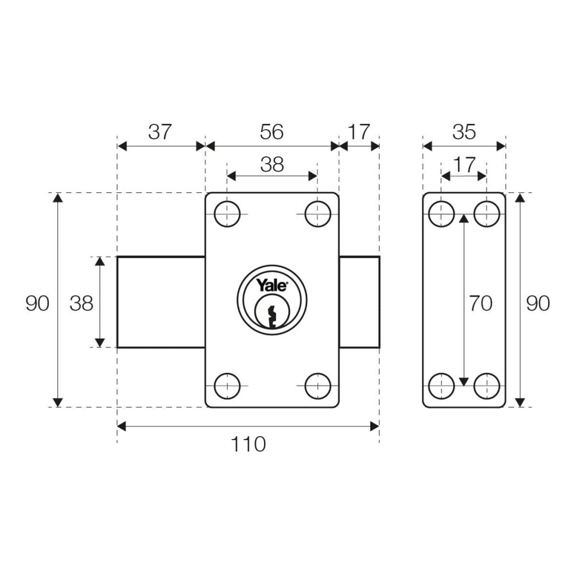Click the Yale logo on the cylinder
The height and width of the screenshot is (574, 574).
(272, 286)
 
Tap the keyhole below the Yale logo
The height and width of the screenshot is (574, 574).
(272, 315)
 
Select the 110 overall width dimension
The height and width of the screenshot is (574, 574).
(248, 444)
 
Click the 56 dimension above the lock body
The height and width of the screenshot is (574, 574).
(272, 132)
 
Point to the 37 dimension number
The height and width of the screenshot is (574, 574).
(160, 132)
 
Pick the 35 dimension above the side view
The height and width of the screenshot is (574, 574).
(464, 132)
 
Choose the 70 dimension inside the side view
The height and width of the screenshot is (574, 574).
(480, 303)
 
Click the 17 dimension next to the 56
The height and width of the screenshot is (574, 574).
(359, 132)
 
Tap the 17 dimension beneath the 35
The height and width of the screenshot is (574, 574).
(464, 165)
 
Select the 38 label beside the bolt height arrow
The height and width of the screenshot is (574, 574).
(82, 303)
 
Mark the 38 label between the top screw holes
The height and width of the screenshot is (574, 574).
(272, 165)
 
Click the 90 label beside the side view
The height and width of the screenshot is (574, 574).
(538, 303)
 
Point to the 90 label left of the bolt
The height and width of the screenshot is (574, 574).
(37, 303)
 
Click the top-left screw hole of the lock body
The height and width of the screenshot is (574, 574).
(227, 215)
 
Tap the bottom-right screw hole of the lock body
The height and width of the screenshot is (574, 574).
(317, 386)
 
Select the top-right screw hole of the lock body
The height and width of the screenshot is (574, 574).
(317, 215)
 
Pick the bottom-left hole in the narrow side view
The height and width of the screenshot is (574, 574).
(441, 386)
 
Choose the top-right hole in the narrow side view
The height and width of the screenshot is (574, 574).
(487, 215)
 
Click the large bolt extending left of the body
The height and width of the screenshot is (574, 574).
(161, 302)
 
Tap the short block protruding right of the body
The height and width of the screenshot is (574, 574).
(359, 302)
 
